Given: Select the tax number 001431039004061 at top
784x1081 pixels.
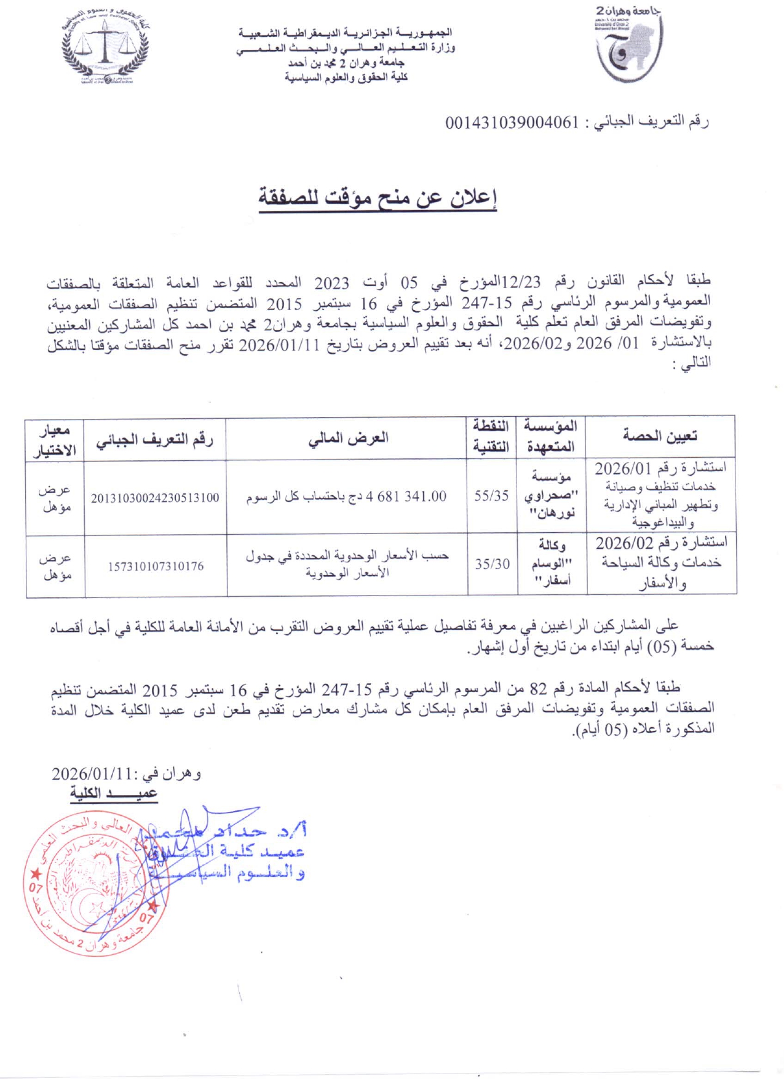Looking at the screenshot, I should (512, 122).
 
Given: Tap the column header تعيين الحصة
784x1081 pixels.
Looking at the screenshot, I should (660, 436).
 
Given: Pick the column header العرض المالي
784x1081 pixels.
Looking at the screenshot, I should (348, 438).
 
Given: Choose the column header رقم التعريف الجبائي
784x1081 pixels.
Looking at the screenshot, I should (154, 439).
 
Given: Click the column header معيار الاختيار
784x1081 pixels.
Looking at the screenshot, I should (55, 439).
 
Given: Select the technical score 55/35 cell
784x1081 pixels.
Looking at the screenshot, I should (491, 496).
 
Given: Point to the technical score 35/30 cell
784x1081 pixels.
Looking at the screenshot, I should (492, 564).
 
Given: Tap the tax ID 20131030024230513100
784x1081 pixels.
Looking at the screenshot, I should (155, 498).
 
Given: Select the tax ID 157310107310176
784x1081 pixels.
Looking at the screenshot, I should (156, 566).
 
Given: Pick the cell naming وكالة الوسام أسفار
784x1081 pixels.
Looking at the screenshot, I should (552, 562).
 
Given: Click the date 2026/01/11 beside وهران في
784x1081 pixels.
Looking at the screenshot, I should (92, 773).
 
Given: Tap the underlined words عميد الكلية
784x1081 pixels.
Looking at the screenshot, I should (114, 794).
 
